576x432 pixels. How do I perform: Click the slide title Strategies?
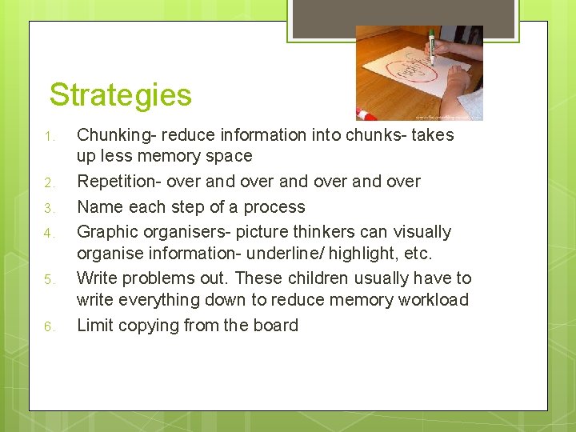120,95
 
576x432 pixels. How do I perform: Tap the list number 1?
49,136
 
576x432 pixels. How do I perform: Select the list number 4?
49,234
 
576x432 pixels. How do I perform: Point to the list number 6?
49,326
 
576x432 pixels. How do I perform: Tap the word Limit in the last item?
94,325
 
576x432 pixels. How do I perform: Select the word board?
274,325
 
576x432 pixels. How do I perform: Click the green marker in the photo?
431,46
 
